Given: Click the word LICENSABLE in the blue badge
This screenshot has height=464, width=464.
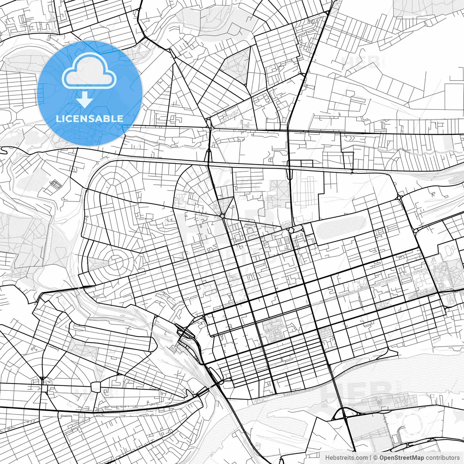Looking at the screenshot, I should (x=90, y=119).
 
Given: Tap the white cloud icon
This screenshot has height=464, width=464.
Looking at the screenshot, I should (x=89, y=71).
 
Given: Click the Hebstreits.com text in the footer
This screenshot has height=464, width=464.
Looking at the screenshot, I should (x=346, y=458).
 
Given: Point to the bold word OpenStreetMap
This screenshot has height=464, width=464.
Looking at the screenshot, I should (x=402, y=458).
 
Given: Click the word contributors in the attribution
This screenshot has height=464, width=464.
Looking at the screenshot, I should (x=443, y=458).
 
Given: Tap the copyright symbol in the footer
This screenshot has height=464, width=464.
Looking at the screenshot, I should (x=376, y=458).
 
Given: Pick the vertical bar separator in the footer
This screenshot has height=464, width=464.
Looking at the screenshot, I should (x=370, y=458).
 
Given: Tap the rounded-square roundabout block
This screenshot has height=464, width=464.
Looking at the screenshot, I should (x=96, y=386).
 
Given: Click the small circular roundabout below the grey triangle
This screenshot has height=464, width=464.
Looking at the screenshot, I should (x=222, y=216).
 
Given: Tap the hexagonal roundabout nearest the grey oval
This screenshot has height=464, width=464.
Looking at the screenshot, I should (x=291, y=230).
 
